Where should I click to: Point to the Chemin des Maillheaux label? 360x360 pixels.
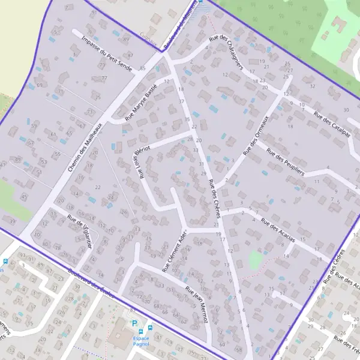[86, 148]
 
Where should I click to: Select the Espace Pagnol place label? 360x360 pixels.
[137, 341]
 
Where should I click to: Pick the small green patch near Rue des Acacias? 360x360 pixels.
[256, 260]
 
